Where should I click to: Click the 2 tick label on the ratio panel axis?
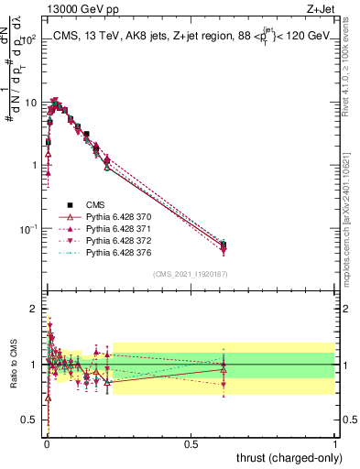coord(33,307)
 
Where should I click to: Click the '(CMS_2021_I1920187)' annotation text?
coord(191,273)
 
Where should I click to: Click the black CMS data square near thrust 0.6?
coord(224,245)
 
